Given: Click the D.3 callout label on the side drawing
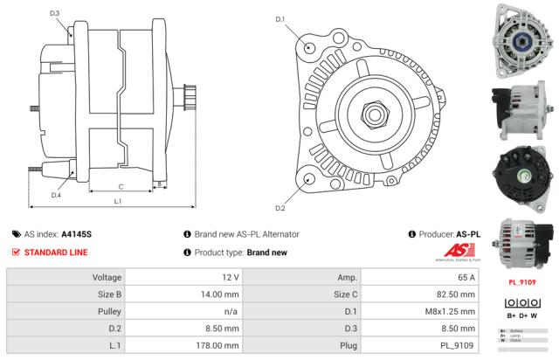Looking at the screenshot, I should click(x=55, y=13).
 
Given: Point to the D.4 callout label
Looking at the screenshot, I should click(x=55, y=195).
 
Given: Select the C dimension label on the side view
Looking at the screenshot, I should click(x=120, y=186).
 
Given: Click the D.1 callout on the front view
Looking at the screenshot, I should click(x=279, y=18).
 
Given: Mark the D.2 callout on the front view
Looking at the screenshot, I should click(x=279, y=208).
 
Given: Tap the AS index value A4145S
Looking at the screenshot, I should click(x=76, y=234).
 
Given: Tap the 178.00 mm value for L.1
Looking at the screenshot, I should click(x=218, y=345).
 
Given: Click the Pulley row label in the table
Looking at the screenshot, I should click(x=107, y=311).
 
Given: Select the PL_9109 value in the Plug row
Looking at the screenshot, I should click(x=457, y=345).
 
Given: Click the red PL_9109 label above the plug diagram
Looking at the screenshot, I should click(x=522, y=282).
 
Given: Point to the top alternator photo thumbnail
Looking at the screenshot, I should click(x=524, y=38).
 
